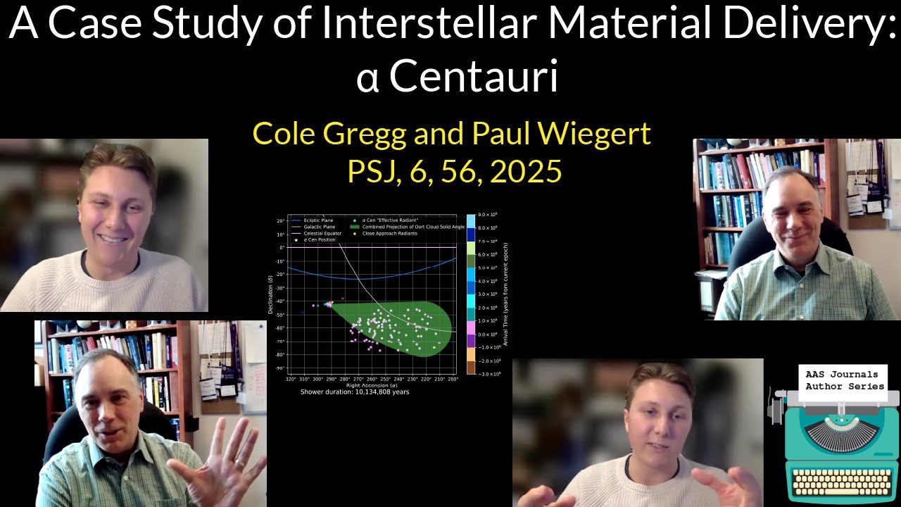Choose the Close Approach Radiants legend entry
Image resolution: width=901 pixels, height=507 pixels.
(389, 233)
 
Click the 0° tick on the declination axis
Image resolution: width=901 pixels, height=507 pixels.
(281, 247)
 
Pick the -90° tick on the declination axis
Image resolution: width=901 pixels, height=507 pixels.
(279, 368)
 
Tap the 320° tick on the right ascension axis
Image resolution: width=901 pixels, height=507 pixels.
(291, 379)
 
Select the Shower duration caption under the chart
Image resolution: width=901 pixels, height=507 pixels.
(354, 392)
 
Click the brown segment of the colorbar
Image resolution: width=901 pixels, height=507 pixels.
(470, 367)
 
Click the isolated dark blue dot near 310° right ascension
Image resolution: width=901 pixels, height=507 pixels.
(303, 312)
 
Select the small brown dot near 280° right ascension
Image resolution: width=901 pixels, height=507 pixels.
(342, 299)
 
